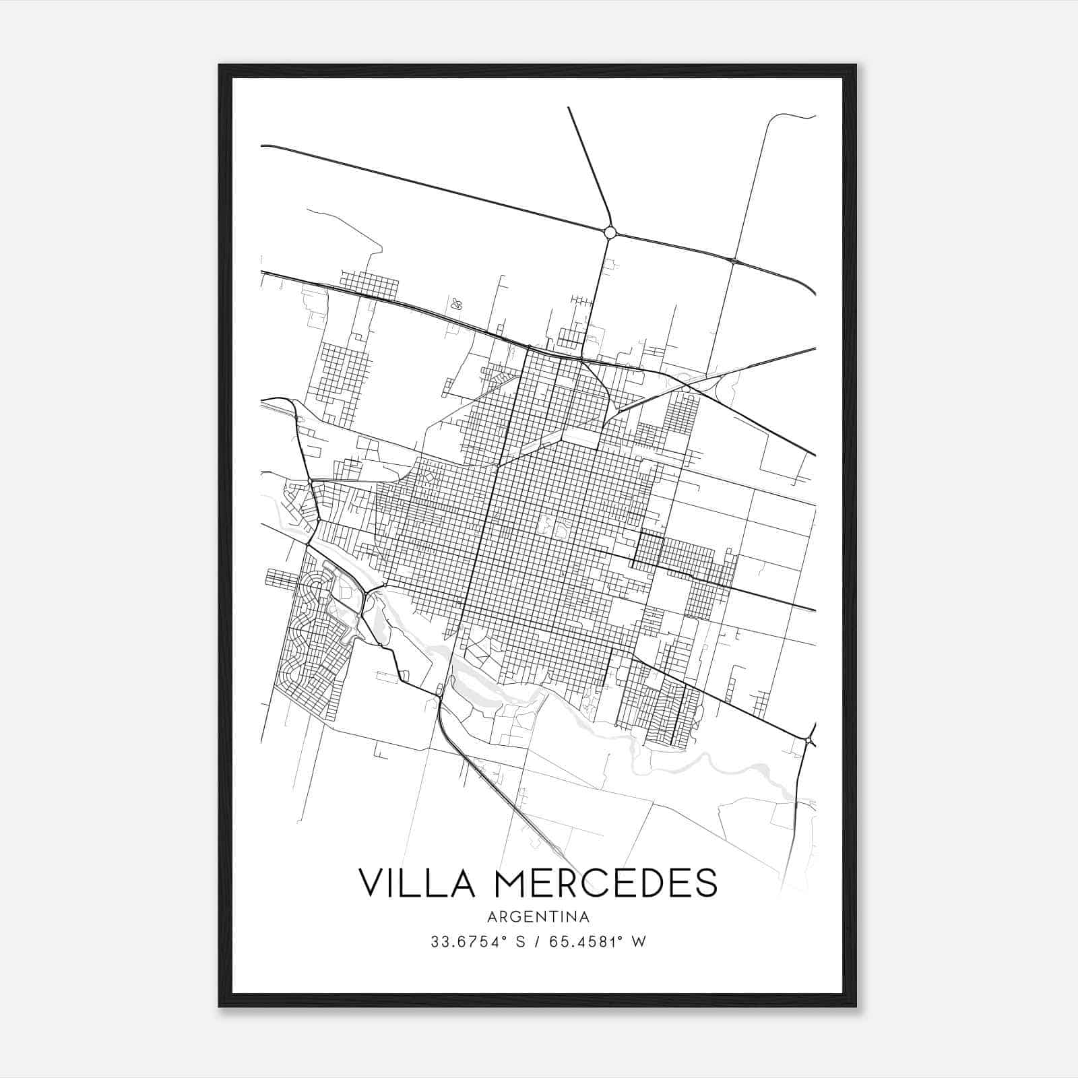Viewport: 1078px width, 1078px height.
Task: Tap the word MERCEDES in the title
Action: click(x=606, y=883)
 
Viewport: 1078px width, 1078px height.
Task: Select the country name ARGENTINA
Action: click(x=539, y=917)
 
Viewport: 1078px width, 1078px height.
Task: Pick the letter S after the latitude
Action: click(x=519, y=942)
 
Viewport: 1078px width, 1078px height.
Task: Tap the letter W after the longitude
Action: click(x=639, y=942)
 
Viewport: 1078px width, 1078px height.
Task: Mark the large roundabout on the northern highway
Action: click(x=610, y=232)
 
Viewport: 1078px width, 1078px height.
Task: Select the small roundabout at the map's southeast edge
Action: click(x=807, y=741)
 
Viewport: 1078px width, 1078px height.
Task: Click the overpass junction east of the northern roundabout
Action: click(x=733, y=260)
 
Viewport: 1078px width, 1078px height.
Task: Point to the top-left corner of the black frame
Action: click(x=220, y=65)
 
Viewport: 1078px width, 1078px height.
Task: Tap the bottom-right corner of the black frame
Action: click(x=855, y=1006)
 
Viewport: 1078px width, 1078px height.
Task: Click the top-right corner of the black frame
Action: click(x=855, y=65)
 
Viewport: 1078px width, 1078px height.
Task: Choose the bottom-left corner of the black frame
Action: click(x=220, y=1006)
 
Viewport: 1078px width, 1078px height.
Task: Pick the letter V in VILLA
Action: click(x=371, y=883)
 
